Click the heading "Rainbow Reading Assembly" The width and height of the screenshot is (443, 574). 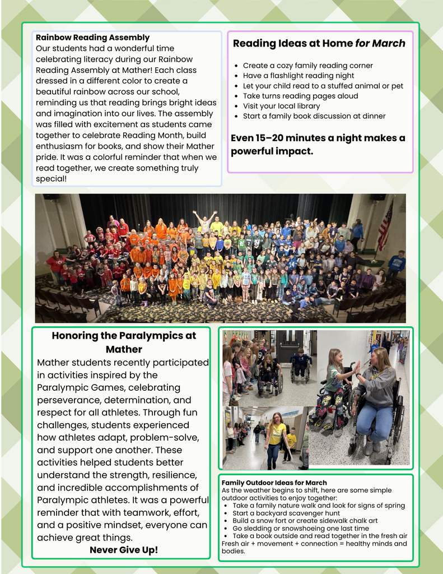(92, 38)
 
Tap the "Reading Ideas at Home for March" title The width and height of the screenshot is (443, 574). (319, 43)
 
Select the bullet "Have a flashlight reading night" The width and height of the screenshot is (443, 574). (299, 76)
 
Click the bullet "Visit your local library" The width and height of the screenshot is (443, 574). (281, 106)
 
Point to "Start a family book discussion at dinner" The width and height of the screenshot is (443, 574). (314, 116)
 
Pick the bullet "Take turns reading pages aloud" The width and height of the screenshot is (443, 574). (300, 96)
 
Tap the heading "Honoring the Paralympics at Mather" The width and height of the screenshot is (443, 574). (124, 342)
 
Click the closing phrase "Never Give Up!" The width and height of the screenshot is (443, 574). (124, 550)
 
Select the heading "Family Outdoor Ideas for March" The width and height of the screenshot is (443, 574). (274, 483)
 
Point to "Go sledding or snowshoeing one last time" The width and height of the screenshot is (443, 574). (301, 528)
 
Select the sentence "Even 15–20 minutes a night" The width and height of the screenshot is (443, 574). (318, 138)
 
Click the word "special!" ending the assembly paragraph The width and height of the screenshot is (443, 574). (51, 178)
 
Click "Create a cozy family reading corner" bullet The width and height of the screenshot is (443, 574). (307, 66)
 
